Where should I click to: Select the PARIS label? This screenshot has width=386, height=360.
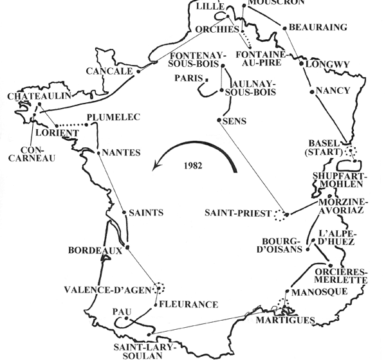point(186,78)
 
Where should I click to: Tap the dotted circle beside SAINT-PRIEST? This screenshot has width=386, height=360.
point(279,216)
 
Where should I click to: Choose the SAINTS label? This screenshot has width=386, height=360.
point(145,212)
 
